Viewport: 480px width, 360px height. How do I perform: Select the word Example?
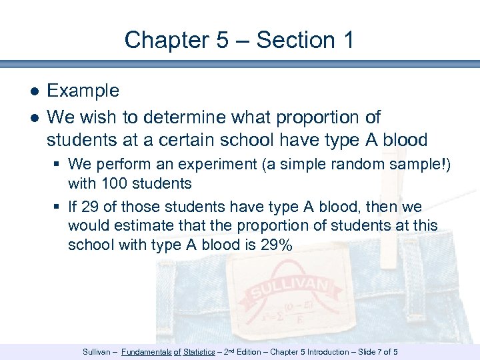83,91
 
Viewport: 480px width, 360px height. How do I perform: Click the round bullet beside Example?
33,91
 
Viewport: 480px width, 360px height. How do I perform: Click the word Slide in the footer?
369,352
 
